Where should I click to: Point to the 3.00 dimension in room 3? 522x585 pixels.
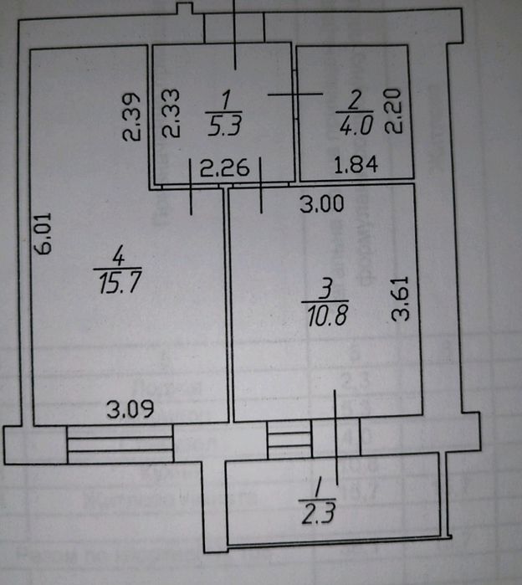tap(323, 203)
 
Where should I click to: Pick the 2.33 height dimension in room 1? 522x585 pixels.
tap(171, 113)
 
